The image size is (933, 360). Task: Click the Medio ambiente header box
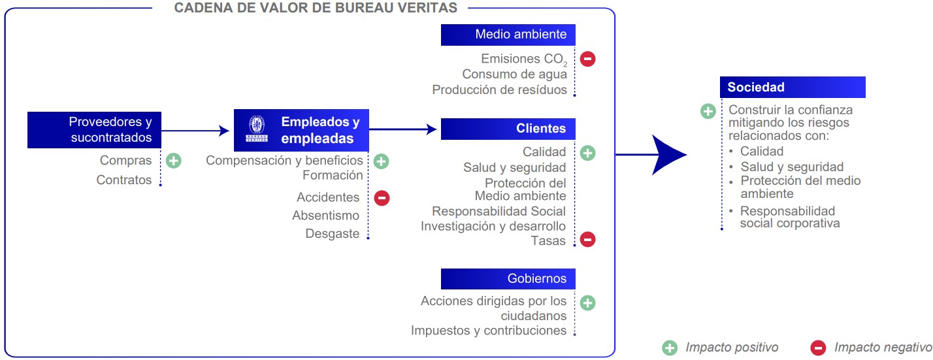508,35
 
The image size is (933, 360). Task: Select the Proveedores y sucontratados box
94,129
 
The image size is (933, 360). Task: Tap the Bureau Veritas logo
255,129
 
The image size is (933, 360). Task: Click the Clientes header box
508,129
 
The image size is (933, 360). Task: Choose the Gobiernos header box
508,279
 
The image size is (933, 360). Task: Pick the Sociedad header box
792,88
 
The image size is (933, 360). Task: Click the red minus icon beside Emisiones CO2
587,59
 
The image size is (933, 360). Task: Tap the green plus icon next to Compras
173,160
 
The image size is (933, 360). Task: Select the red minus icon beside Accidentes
382,197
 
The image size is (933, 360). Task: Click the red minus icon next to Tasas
587,240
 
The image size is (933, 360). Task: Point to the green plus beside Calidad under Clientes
587,153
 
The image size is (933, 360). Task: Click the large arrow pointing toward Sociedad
666,155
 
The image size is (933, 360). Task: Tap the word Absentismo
325,216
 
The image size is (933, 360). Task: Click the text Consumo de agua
514,74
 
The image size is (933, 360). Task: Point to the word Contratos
123,180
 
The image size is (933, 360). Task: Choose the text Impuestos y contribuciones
488,331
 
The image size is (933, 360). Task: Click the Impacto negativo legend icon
818,348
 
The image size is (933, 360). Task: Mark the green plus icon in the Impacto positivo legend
670,348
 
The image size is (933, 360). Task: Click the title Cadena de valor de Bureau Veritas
316,8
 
